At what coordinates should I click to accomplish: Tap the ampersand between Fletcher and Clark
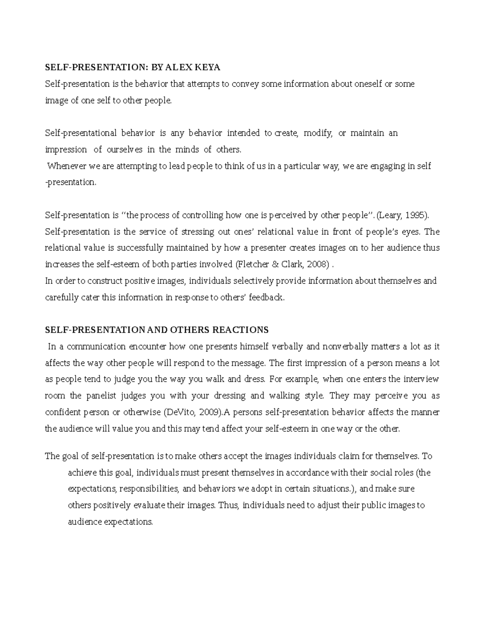[x=275, y=264]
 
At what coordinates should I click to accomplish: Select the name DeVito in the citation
[x=179, y=412]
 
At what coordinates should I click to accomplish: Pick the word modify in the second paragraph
[x=318, y=133]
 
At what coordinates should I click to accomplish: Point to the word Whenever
[x=64, y=166]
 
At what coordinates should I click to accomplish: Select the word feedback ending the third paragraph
[x=267, y=298]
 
